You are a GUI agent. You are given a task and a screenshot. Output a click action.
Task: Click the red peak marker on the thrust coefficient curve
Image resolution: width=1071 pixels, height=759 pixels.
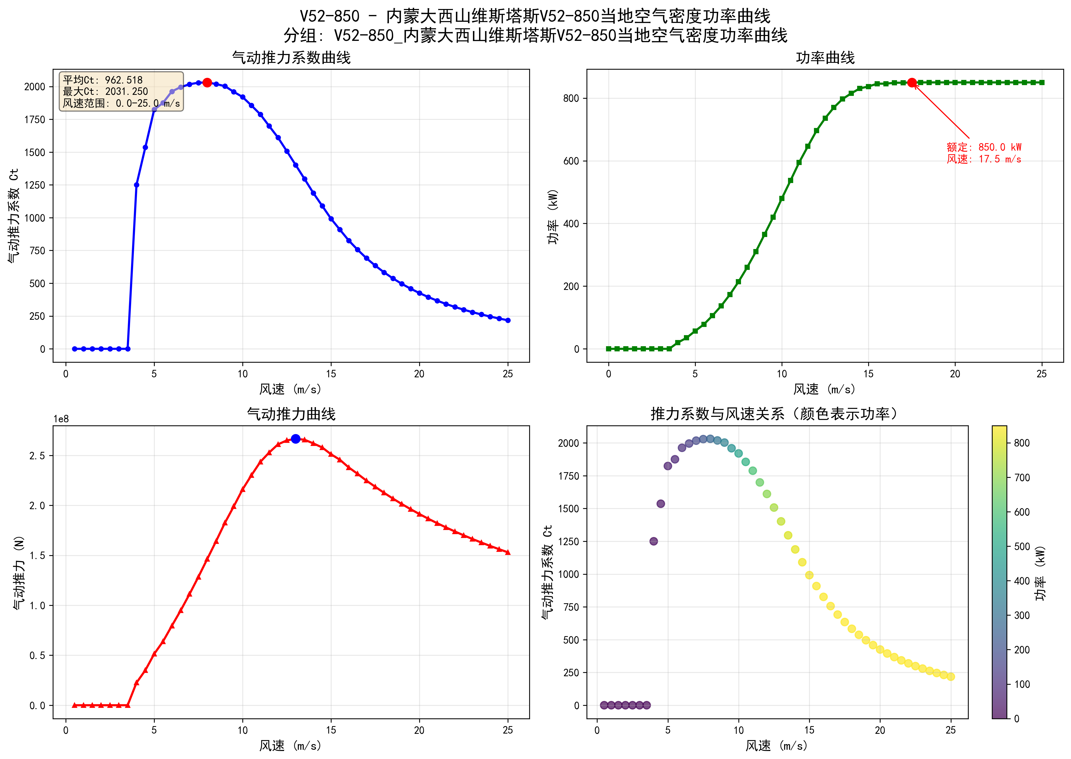pos(207,82)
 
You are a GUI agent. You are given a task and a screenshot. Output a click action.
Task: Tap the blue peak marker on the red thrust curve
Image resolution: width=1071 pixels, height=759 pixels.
pos(295,438)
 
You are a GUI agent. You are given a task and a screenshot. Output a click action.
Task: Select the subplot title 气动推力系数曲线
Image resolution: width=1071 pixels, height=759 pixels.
pos(291,58)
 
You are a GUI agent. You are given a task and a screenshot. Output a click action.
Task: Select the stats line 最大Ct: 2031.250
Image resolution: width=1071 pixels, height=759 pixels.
pos(106,92)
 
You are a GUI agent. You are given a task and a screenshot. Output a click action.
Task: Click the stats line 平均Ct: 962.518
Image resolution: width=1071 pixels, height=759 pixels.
pos(103,80)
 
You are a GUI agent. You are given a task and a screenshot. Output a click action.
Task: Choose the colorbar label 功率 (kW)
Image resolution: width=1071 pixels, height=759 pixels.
pos(1040,573)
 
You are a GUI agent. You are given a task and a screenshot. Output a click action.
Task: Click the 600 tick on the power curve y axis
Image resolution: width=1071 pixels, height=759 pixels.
pos(571,161)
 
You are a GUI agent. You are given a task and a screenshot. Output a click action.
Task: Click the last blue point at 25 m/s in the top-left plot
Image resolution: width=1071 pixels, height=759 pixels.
pos(508,320)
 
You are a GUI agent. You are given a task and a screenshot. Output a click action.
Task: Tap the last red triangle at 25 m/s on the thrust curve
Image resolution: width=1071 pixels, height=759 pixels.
pos(508,552)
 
